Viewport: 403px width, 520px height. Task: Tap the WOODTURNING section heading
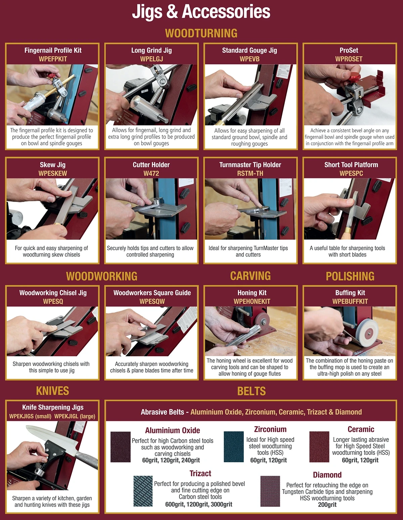(201, 33)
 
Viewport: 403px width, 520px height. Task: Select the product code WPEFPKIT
(53, 59)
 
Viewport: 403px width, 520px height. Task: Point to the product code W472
(151, 173)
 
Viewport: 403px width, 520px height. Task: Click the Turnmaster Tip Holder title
(250, 165)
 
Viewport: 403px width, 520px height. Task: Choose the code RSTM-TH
(250, 173)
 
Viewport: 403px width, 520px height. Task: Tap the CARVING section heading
(250, 276)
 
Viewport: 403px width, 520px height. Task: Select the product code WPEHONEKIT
(252, 301)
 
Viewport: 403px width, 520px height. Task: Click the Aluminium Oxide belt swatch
(121, 447)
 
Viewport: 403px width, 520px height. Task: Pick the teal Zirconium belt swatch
(234, 447)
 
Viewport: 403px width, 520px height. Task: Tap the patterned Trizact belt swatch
(143, 491)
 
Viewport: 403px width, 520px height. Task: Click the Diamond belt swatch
(270, 491)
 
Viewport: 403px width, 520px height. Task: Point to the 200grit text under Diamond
(327, 505)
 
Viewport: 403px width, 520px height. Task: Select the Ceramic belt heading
(361, 429)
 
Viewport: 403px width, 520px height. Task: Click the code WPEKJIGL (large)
(75, 416)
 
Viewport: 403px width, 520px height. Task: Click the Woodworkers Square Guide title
(152, 293)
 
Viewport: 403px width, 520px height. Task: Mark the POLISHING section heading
(350, 276)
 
